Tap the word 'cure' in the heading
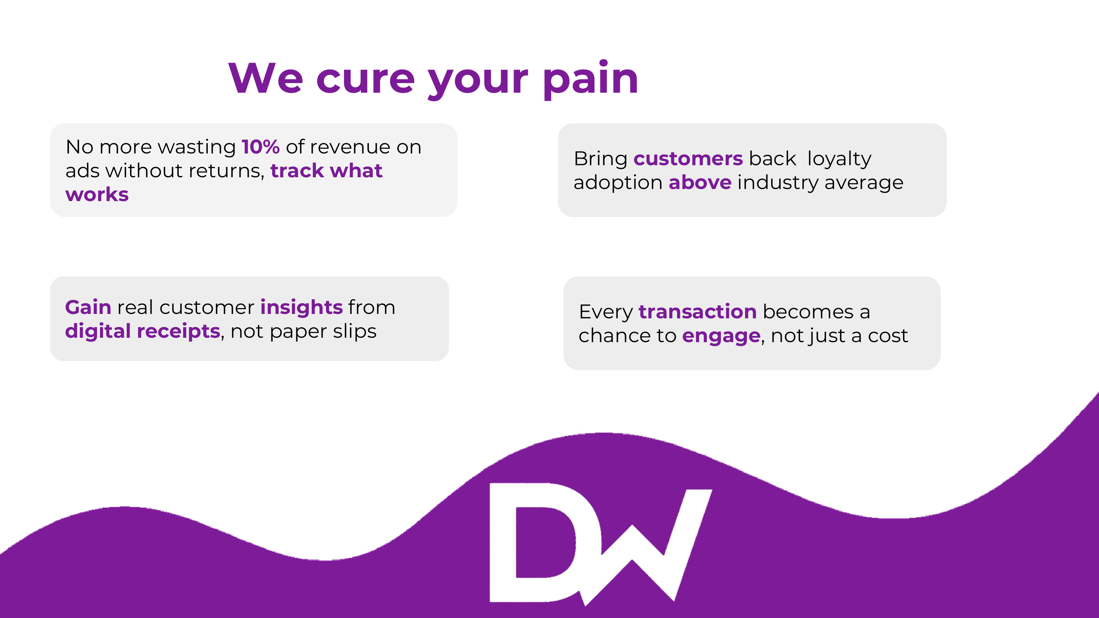pos(365,80)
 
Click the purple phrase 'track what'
pos(326,171)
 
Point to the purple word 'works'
pos(97,195)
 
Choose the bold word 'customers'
pos(688,159)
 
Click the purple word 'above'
pos(700,182)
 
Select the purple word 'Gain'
pos(88,307)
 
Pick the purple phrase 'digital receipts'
pos(143,332)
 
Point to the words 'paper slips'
pos(323,332)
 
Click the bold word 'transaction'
pos(697,312)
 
